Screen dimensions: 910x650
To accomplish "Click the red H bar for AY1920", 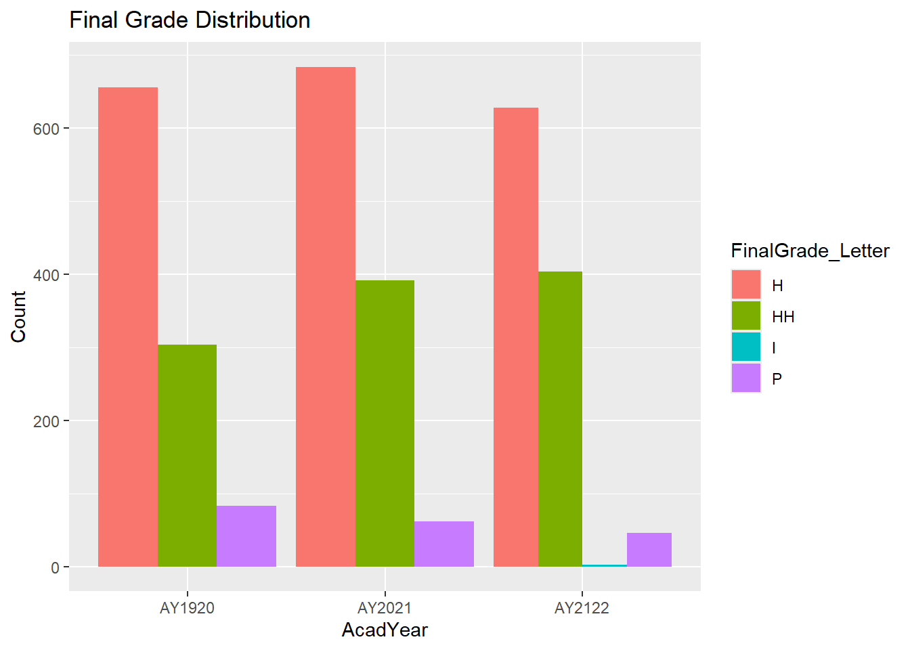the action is pyautogui.click(x=128, y=327).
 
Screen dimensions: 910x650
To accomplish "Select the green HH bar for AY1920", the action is pyautogui.click(x=188, y=456).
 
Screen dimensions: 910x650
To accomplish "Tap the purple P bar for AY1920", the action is pyautogui.click(x=246, y=536).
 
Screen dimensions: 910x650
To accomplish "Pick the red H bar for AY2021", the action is pyautogui.click(x=326, y=317).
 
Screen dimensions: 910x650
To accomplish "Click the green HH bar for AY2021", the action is pyautogui.click(x=385, y=423).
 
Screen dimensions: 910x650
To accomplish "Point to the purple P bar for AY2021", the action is pyautogui.click(x=444, y=544).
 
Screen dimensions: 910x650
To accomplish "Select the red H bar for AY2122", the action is pyautogui.click(x=516, y=337).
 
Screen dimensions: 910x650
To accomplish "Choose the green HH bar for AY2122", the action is pyautogui.click(x=560, y=419).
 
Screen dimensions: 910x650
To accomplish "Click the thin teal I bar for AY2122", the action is pyautogui.click(x=605, y=565).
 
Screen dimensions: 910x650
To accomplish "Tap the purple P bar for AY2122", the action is pyautogui.click(x=649, y=550).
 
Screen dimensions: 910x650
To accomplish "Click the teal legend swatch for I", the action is pyautogui.click(x=746, y=347).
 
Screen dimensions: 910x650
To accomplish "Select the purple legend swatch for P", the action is pyautogui.click(x=746, y=378).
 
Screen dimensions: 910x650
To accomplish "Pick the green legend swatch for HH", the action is pyautogui.click(x=746, y=316).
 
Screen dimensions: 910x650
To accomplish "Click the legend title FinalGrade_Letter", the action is pyautogui.click(x=810, y=251).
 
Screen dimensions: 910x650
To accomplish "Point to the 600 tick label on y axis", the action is pyautogui.click(x=46, y=129).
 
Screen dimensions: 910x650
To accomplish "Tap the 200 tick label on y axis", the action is pyautogui.click(x=46, y=422).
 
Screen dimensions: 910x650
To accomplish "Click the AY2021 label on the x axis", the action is pyautogui.click(x=385, y=608).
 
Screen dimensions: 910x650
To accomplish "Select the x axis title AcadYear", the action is pyautogui.click(x=385, y=630).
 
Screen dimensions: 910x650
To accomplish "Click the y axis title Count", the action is pyautogui.click(x=18, y=317).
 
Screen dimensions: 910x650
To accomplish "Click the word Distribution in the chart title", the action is pyautogui.click(x=253, y=20).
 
